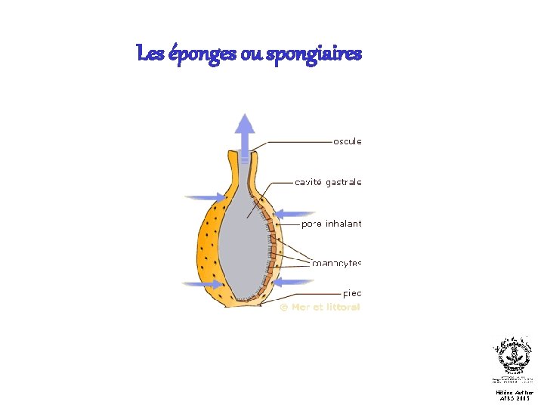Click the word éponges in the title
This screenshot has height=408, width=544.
coord(199,54)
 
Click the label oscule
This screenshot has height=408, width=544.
coord(348,141)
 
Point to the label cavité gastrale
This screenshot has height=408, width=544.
coord(328,182)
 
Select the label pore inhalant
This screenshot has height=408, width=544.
coord(331,224)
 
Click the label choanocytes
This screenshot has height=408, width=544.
coord(336,263)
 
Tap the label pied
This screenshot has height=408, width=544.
coord(352,293)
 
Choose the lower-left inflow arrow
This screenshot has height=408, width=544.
coord(202,284)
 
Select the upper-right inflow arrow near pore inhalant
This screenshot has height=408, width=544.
coord(288,215)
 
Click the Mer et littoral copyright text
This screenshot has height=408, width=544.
coord(320,307)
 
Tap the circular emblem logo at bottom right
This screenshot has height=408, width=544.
coord(513,355)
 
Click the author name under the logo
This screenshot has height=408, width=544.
coord(514,393)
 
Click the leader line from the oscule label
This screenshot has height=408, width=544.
coord(295,141)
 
